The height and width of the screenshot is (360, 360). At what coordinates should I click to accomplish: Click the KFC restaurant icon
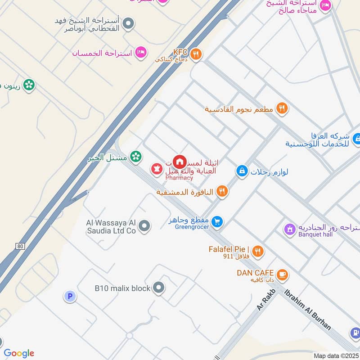point(196,55)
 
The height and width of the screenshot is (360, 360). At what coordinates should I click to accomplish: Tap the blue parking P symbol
point(69,296)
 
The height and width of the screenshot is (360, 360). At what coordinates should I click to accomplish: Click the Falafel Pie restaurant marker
point(257,252)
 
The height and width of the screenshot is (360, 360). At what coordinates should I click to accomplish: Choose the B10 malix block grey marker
point(158,288)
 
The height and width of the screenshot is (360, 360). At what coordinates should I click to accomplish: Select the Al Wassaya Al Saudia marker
point(144,226)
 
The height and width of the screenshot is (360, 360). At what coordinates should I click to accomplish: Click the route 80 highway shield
point(19,246)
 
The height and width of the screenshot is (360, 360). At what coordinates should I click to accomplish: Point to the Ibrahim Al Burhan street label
point(308,310)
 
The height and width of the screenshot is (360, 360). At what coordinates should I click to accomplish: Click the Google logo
point(19,353)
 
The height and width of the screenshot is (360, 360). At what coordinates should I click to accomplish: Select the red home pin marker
point(180,161)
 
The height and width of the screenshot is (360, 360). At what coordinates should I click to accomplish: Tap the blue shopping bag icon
point(242,171)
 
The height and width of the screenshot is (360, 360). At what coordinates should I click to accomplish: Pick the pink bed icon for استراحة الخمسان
point(141,53)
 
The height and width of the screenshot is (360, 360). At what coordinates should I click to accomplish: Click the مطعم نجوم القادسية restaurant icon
point(282,108)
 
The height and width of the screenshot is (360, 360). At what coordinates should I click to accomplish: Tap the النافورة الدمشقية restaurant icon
point(222,192)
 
